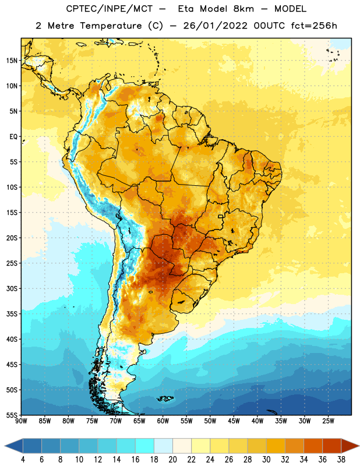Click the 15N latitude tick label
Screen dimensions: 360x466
12,61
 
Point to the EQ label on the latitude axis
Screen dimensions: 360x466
13,137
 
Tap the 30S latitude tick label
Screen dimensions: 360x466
12,288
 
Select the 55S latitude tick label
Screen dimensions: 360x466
12,415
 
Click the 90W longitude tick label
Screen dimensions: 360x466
21,421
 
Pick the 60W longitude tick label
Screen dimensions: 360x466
163,421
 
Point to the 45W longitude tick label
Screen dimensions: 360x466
234,421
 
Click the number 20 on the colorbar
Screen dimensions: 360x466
172,460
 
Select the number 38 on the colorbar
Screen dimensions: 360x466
341,460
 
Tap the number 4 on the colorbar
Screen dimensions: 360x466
23,460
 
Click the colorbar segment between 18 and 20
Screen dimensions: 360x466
163,446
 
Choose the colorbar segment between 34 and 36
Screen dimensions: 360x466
313,446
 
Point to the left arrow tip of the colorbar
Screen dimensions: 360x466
5,446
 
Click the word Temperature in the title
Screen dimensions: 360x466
111,26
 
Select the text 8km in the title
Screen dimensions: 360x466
243,9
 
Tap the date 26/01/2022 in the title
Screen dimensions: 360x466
215,26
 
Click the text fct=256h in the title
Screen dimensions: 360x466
314,26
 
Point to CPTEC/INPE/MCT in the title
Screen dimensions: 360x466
110,9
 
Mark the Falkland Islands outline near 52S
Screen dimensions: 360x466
165,398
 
